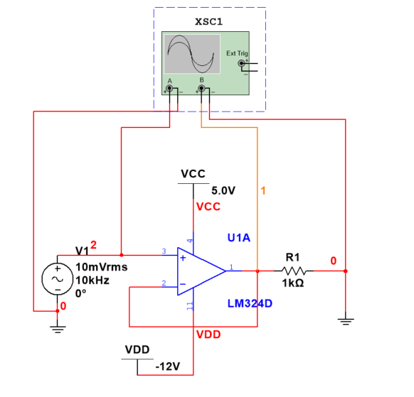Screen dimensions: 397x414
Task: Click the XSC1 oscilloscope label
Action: pyautogui.click(x=209, y=21)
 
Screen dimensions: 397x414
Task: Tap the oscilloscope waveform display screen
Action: pyautogui.click(x=192, y=55)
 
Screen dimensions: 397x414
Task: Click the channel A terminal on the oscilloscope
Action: pyautogui.click(x=169, y=89)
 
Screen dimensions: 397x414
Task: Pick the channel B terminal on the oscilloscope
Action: pyautogui.click(x=201, y=89)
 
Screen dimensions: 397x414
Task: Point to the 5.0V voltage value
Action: pyautogui.click(x=223, y=190)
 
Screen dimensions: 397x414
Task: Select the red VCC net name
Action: pyautogui.click(x=208, y=207)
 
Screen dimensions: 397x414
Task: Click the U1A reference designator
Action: pyautogui.click(x=238, y=237)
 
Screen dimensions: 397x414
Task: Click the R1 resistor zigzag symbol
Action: pyautogui.click(x=294, y=271)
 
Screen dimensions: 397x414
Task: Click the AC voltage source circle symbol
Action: pyautogui.click(x=55, y=279)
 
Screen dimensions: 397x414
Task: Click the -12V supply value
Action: pyautogui.click(x=168, y=366)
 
